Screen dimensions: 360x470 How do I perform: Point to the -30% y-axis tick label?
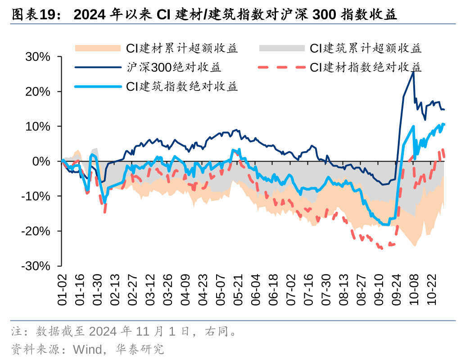click(36, 266)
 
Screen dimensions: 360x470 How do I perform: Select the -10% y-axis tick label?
click(36, 196)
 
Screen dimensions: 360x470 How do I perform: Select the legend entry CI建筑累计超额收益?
click(365, 48)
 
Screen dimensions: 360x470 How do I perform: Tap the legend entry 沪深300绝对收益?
click(174, 67)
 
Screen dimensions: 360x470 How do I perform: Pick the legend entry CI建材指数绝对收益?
click(365, 67)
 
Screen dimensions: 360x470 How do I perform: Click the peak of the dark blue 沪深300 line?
click(413, 72)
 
